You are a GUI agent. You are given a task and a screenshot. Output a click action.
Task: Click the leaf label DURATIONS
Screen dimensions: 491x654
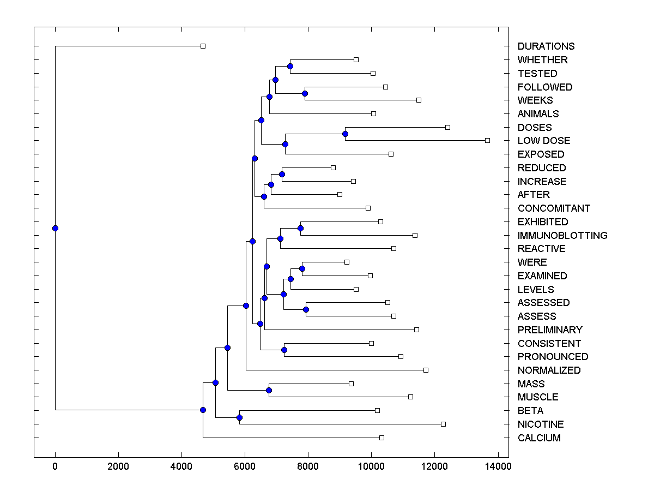(546, 46)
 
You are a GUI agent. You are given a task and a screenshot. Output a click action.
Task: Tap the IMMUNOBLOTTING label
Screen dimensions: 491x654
(562, 236)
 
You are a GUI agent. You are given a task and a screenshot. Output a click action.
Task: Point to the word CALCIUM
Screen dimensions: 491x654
(539, 438)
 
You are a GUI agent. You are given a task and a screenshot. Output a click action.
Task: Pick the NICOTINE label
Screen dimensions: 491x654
(541, 424)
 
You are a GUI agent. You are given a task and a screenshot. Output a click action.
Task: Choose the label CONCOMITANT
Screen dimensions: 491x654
(554, 208)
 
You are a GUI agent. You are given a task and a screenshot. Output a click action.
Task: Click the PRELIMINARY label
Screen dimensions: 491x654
(550, 330)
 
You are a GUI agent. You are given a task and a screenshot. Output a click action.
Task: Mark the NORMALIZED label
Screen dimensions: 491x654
(549, 370)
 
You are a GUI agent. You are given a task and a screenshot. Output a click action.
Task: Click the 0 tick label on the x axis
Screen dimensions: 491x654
(55, 466)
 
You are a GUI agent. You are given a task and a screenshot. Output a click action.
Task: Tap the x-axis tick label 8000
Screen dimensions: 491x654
(308, 466)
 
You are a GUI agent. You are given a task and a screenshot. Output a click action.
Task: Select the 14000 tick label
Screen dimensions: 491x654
(498, 466)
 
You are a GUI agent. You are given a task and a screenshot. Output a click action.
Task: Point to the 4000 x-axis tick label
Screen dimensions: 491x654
(181, 466)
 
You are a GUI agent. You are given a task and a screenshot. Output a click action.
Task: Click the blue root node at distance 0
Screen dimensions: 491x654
(55, 228)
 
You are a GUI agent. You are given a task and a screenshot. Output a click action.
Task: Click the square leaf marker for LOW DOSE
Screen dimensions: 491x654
(487, 140)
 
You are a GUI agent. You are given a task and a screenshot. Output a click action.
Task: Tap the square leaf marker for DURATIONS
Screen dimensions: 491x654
(203, 46)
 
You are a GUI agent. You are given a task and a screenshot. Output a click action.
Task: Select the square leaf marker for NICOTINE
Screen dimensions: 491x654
(443, 424)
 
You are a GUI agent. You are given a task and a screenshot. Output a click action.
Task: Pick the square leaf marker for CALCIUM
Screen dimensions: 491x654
(381, 438)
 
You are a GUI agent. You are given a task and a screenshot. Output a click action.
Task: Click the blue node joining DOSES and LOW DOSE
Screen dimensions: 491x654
(345, 134)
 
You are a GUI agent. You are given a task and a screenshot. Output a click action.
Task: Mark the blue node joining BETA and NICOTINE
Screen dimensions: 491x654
(239, 417)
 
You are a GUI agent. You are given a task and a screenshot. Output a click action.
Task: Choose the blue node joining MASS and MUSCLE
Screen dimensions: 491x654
(269, 390)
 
